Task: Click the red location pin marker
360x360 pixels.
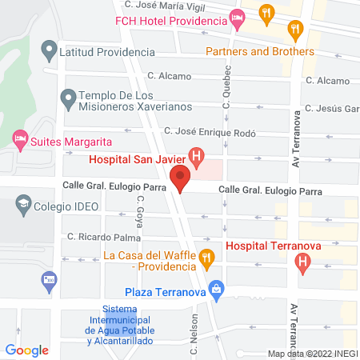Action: click(182, 179)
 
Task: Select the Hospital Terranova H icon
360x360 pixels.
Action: click(302, 261)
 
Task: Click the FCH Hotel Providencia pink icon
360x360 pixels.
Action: click(236, 17)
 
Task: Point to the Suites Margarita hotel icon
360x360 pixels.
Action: click(20, 141)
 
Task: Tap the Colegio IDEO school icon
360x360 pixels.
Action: click(22, 206)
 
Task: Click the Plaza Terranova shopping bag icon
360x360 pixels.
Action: click(214, 289)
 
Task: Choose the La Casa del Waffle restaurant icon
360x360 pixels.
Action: click(206, 258)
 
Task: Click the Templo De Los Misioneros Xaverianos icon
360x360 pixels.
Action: click(68, 100)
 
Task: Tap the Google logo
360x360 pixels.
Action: click(27, 350)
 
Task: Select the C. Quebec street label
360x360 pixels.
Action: click(226, 94)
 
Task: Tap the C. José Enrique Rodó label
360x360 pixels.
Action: click(210, 131)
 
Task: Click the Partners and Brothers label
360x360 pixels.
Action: click(259, 51)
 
